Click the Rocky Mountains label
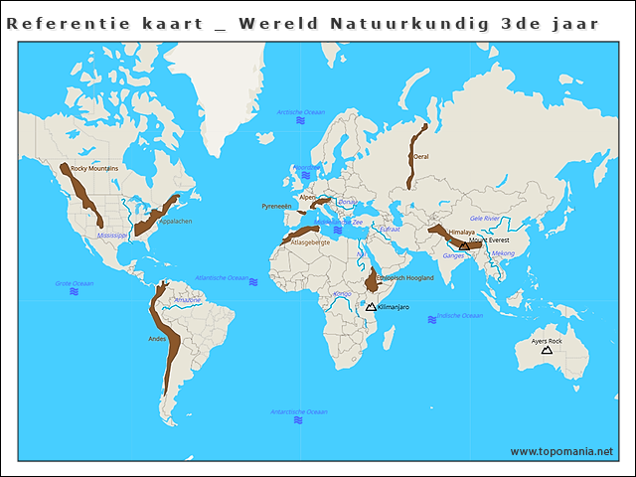tap(94, 169)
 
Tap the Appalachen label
tap(176, 222)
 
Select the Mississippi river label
tap(112, 236)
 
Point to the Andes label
tap(157, 339)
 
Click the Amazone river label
tap(187, 299)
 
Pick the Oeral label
tap(421, 157)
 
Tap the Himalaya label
tap(462, 233)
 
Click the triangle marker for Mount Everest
tap(464, 245)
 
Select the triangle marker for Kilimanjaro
tap(371, 307)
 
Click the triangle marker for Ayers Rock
tap(547, 350)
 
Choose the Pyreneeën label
tap(276, 206)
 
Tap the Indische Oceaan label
tap(460, 316)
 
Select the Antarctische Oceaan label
tap(298, 411)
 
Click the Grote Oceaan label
tap(75, 283)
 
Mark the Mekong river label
tap(504, 253)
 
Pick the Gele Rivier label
tap(485, 218)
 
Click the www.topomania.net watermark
tap(561, 451)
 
